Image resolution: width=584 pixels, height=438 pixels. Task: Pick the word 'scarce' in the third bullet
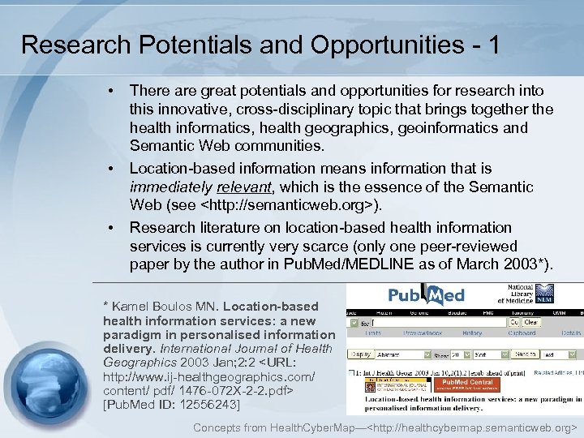point(390,246)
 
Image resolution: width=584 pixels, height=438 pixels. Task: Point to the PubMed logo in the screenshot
point(426,295)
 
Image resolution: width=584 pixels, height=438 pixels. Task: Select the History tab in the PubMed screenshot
point(471,333)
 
